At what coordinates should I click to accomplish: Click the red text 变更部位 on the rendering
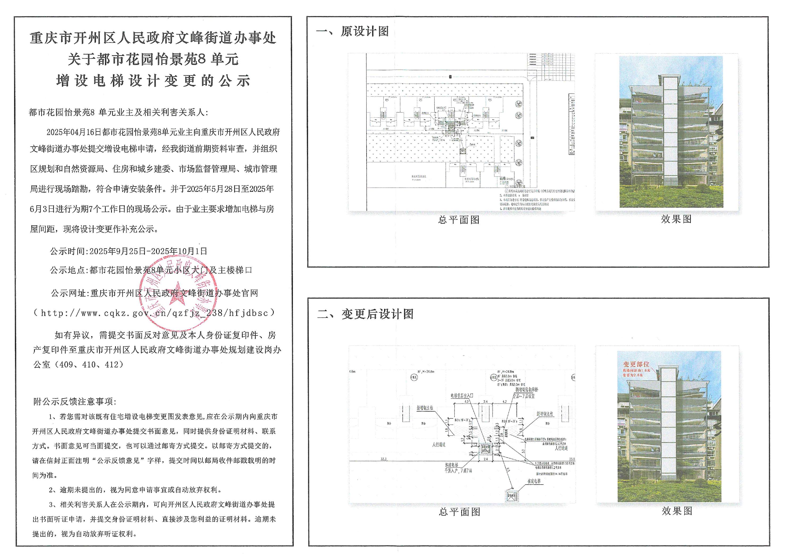tap(636, 364)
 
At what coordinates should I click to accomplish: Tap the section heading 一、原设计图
tap(352, 31)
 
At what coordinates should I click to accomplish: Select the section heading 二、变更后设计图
tap(365, 314)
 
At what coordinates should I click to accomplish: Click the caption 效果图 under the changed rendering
tap(677, 511)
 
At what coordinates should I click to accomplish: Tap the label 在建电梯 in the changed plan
tap(534, 481)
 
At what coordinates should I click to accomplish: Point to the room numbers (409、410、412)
tap(91, 365)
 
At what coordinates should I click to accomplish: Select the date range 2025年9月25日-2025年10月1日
tap(148, 251)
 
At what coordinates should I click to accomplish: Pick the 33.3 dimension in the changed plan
tap(384, 459)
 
